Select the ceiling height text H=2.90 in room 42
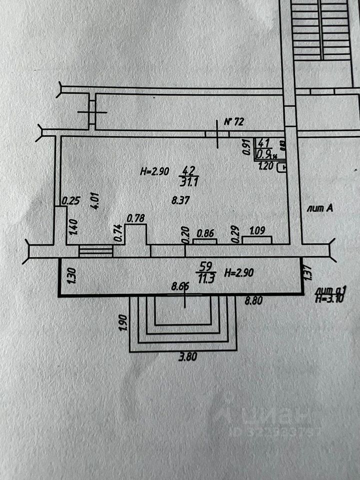(154, 171)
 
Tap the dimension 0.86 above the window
(206, 233)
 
